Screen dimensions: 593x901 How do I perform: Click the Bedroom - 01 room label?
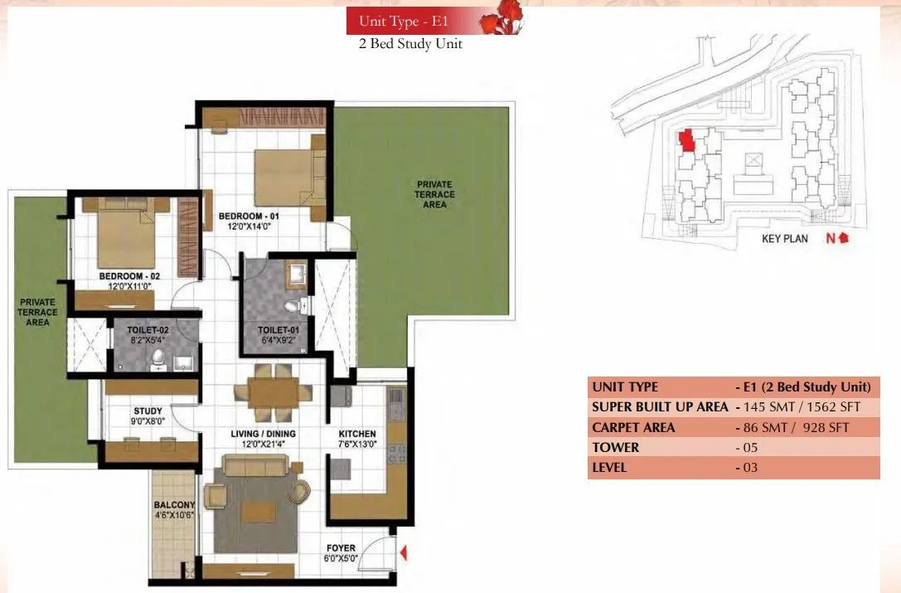[245, 216]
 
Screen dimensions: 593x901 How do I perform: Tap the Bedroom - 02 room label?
[128, 275]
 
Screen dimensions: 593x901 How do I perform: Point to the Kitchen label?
[357, 434]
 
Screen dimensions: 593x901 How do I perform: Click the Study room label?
[148, 411]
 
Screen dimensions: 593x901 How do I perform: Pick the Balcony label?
[174, 505]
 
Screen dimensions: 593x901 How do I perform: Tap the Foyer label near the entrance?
[341, 548]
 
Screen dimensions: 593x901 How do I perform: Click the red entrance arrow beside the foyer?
[403, 552]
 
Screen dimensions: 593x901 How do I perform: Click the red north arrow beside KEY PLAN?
[844, 238]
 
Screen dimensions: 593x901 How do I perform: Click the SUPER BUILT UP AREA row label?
[660, 407]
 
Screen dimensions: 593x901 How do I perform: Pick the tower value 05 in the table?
[748, 448]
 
